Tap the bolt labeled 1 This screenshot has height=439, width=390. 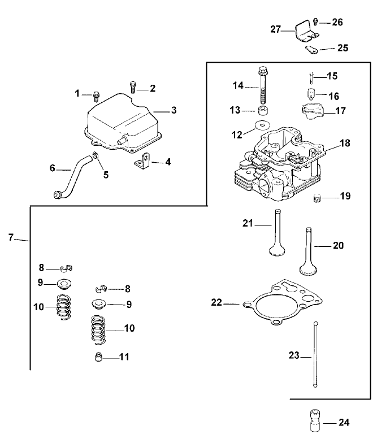coord(96,95)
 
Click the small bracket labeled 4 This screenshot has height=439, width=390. coord(144,163)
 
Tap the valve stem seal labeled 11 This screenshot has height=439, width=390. coord(99,358)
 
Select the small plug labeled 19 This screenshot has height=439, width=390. coord(318,198)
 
